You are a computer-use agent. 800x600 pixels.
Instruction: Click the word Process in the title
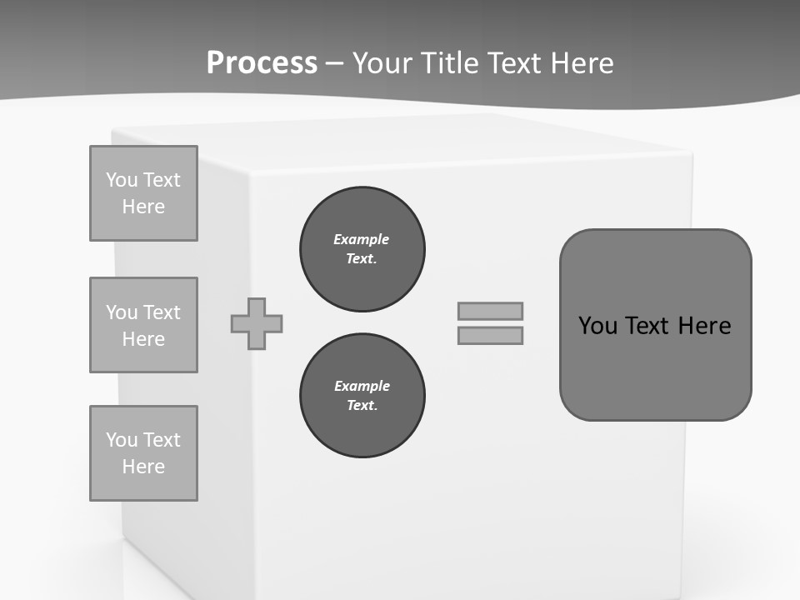coord(262,62)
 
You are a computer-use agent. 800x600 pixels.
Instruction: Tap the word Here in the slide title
coord(581,62)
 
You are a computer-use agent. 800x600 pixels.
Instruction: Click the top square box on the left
coord(143,193)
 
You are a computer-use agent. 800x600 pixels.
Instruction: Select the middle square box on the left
coord(143,325)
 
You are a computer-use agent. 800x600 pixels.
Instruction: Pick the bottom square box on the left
coord(143,453)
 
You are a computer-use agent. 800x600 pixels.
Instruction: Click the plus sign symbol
coord(257,323)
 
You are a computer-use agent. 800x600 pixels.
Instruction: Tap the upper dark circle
coord(362,249)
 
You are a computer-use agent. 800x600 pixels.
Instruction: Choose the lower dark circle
coord(362,396)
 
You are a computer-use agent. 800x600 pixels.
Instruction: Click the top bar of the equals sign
coord(490,311)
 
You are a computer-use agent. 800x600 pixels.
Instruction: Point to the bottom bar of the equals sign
coord(490,335)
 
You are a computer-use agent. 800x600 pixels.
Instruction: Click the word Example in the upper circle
coord(362,239)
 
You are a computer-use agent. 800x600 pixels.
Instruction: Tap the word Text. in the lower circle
coord(362,406)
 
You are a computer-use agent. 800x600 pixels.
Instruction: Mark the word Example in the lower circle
coord(362,386)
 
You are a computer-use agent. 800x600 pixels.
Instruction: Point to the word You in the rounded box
coord(597,325)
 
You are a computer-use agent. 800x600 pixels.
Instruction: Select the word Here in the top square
coord(143,207)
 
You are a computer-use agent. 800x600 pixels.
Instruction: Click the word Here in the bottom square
coord(143,467)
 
